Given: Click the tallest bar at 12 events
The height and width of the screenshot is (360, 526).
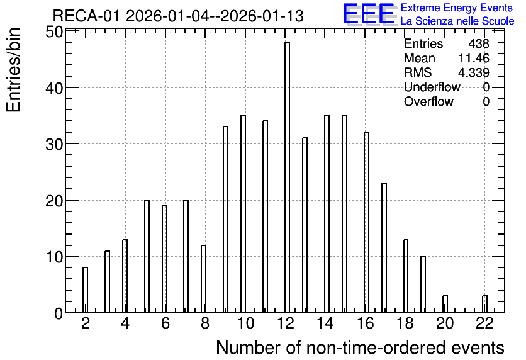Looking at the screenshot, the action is coord(287,177).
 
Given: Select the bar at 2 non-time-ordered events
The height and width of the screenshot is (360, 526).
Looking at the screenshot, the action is coord(85,290).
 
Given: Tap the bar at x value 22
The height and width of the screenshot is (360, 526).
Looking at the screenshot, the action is coord(484,304).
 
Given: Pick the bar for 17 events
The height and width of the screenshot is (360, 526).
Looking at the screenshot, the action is coord(384,247).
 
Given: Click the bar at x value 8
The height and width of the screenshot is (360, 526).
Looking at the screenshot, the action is coord(204,279).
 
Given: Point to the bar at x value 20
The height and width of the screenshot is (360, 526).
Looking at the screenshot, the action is coord(445,304).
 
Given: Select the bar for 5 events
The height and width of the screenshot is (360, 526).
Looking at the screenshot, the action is coord(147,256).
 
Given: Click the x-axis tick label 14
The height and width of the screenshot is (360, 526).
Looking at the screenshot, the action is coord(325,323).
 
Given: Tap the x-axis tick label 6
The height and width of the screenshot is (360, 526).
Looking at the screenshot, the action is coord(165,323).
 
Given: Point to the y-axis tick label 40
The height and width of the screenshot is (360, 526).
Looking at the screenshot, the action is coord(53,87).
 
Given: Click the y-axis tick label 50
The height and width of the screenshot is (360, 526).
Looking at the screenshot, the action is coord(53,33).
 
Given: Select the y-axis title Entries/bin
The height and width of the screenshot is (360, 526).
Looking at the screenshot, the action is coord(13,70).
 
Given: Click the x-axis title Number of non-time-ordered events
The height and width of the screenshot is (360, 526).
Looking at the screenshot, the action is coord(360,347).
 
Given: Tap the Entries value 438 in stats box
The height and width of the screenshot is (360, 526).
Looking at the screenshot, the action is coord(479,43).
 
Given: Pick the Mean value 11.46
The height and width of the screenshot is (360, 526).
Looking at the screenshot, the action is coord(474,58).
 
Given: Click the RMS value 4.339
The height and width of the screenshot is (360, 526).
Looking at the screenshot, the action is coord(474,72).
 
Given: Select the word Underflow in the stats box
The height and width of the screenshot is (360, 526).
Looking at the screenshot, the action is coord(432,87).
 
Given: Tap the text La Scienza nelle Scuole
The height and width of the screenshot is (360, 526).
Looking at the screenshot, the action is coord(457,21).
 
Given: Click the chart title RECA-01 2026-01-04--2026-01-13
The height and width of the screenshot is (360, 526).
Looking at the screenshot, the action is coord(178,16).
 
